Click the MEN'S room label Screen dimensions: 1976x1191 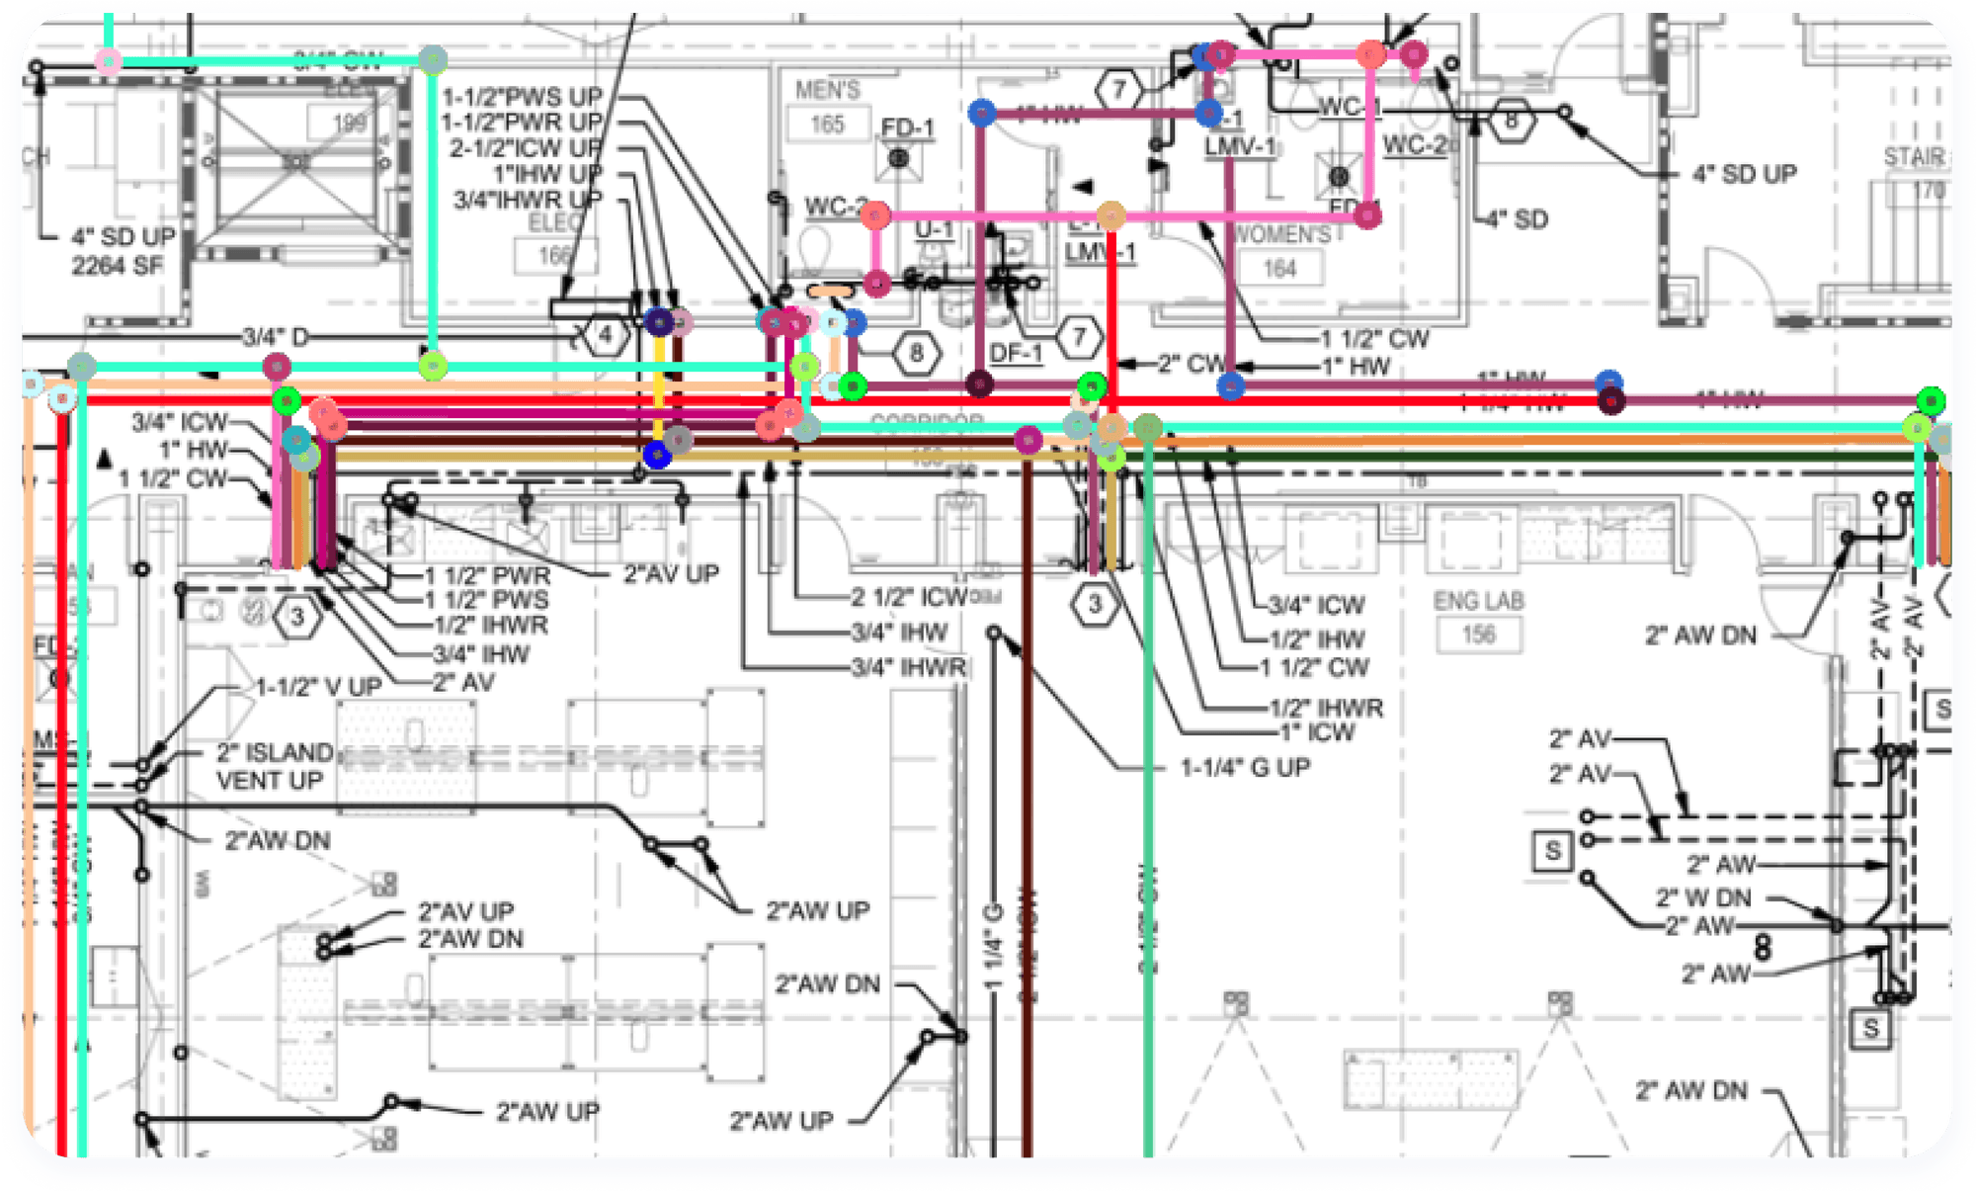[x=827, y=91]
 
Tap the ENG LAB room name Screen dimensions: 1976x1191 [x=1478, y=601]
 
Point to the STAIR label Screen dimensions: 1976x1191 [x=1913, y=157]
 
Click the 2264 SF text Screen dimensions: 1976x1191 [x=117, y=265]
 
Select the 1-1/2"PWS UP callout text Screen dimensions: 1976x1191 [x=522, y=97]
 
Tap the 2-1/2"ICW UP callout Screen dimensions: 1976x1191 [x=526, y=148]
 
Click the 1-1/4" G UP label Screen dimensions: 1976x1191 [x=1245, y=767]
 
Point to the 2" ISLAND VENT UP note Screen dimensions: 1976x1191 [x=274, y=766]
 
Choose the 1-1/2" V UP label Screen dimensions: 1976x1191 [x=318, y=687]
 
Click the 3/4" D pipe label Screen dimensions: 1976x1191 [x=276, y=337]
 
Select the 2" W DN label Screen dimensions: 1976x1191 [x=1703, y=897]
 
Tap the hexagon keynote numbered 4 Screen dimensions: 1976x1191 [x=605, y=336]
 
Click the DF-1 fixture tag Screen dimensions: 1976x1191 [x=1016, y=353]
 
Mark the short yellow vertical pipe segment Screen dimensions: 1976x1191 [x=659, y=390]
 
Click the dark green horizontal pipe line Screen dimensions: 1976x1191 [x=1531, y=457]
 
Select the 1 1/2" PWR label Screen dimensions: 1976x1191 [x=487, y=574]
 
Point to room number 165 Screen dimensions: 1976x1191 [x=827, y=125]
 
